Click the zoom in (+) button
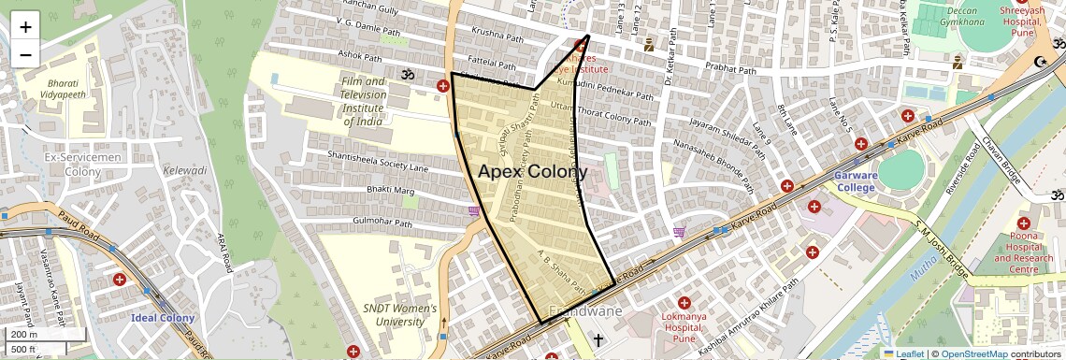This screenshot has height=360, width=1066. coord(25,26)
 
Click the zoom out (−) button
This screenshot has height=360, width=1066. coord(25,54)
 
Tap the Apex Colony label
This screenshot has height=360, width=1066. coord(533,172)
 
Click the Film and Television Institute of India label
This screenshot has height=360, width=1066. coord(362,101)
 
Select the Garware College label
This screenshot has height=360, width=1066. coord(850,181)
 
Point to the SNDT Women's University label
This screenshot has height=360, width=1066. coord(399,315)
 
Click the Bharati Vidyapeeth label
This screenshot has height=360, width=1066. coord(68,89)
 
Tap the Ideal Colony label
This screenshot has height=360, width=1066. coord(163,319)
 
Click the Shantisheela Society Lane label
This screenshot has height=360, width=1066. coord(378,162)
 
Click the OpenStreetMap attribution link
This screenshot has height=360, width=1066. coord(974,353)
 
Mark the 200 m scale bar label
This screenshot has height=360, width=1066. coord(23,334)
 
